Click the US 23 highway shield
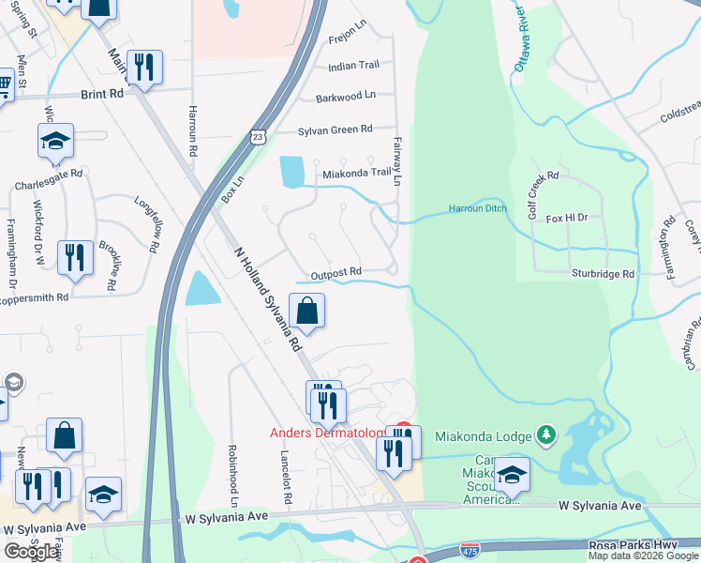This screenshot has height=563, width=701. pos(258,137)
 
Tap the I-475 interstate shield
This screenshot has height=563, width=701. pos(471,546)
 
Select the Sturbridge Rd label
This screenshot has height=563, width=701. pos(603,273)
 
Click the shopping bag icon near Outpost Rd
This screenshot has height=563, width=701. pos(307,309)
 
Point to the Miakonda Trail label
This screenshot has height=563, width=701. pos(356,173)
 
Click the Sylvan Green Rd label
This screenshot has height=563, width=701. pos(335,129)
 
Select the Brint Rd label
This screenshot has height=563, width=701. pos(102,95)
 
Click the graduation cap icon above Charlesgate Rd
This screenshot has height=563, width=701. pos(55,142)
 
